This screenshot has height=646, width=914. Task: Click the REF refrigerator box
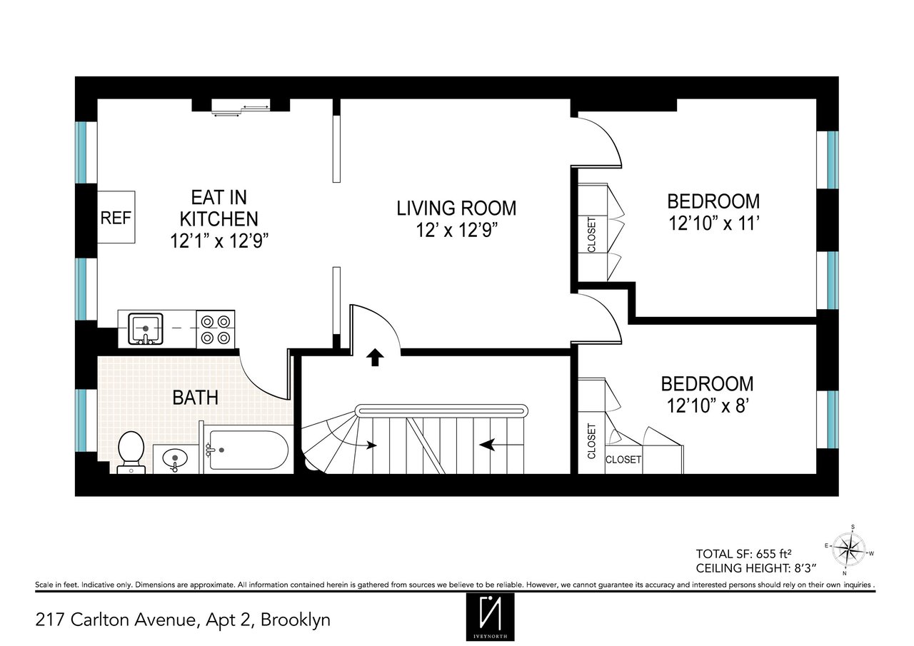116,218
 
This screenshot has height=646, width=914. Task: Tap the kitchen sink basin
145,328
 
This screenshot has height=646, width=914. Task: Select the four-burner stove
216,330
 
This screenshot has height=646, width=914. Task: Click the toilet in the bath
131,453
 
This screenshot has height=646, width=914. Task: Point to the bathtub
248,450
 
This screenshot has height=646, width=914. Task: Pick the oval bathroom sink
175,458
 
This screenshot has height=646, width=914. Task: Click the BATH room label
195,398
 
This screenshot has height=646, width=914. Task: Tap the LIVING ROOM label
456,208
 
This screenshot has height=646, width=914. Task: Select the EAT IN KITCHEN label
219,208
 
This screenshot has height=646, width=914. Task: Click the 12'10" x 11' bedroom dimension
713,223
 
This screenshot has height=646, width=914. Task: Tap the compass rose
849,550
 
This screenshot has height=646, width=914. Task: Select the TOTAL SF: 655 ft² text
744,554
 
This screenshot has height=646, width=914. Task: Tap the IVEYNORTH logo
490,617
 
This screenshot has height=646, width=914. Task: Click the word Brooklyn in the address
296,620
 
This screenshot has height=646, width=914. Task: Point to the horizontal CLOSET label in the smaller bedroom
623,460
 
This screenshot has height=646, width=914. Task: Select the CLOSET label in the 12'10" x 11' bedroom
591,234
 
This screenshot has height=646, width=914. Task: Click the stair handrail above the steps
441,410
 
